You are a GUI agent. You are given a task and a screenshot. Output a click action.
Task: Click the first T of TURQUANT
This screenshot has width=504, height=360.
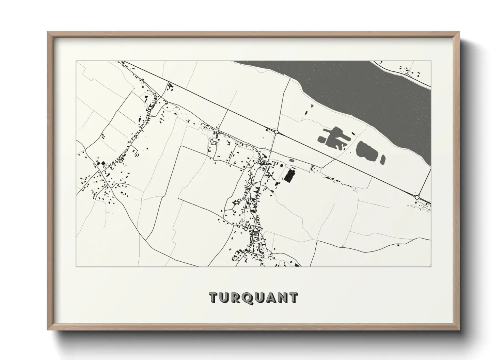[214, 297]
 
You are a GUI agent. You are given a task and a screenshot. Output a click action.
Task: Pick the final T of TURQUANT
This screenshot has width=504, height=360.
[293, 297]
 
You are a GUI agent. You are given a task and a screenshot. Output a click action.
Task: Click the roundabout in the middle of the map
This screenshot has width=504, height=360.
[276, 131]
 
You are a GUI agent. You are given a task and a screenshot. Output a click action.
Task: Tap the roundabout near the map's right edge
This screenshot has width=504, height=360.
[417, 197]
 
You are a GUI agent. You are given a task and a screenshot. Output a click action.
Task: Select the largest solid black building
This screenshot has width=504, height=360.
[289, 176]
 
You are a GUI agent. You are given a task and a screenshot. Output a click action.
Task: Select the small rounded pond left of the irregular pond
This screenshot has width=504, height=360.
[321, 138]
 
